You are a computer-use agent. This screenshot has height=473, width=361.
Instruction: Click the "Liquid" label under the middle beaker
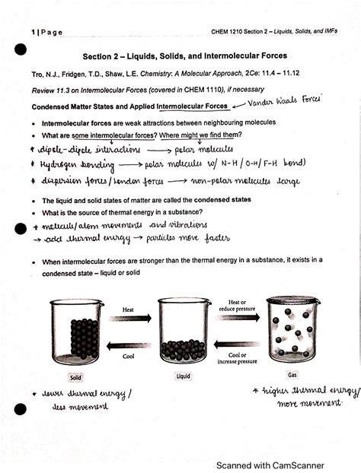[183, 376]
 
